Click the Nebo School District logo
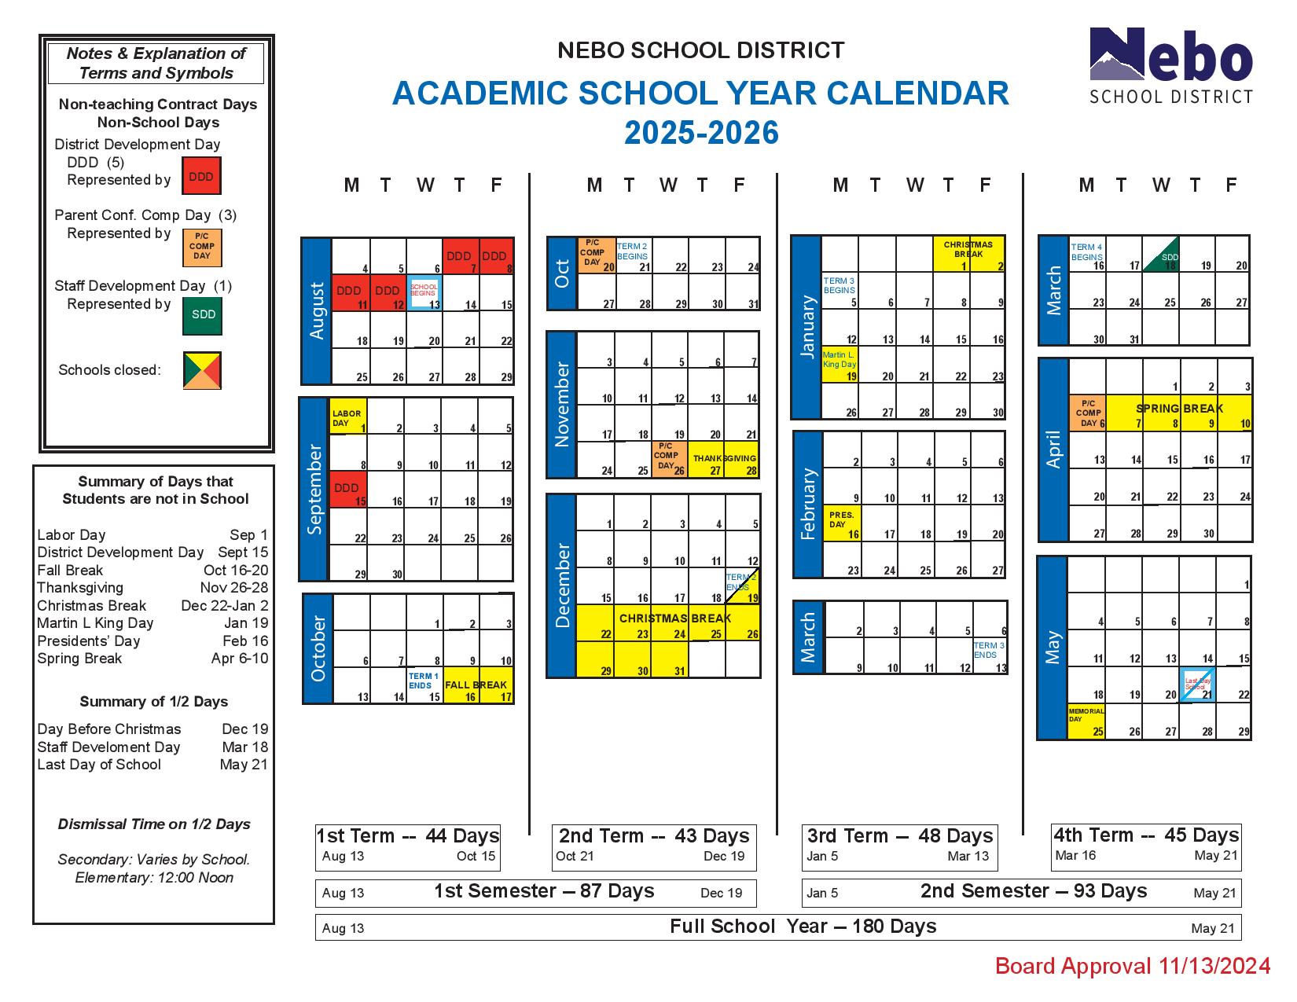[x=1170, y=66]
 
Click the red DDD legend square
[x=201, y=176]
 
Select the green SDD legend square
[x=202, y=315]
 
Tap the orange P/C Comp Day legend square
[x=202, y=247]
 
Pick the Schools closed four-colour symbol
[x=202, y=370]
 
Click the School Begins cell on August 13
[x=424, y=292]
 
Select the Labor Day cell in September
[x=348, y=417]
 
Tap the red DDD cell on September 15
[x=348, y=490]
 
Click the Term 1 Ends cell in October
[x=424, y=685]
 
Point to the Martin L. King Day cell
[x=840, y=365]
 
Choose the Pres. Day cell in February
[x=843, y=523]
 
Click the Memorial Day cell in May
[x=1086, y=721]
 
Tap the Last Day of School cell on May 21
[x=1197, y=685]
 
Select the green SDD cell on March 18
[x=1160, y=255]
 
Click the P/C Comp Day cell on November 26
[x=670, y=460]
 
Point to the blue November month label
[x=561, y=405]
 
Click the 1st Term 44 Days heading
[x=407, y=835]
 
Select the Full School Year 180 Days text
[x=803, y=927]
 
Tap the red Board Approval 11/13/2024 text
[x=1132, y=966]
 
